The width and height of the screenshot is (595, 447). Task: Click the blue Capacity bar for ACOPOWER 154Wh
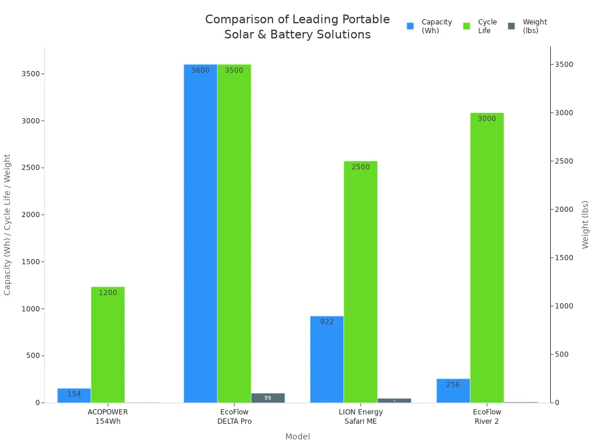(74, 395)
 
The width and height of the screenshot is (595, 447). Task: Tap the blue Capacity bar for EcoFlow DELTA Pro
(200, 233)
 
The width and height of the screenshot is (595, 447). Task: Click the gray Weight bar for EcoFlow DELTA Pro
(268, 398)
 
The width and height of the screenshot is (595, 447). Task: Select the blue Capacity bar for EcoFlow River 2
(453, 391)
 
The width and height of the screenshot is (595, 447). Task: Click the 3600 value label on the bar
(200, 70)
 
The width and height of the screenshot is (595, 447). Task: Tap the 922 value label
(327, 322)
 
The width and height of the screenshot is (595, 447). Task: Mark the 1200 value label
(107, 293)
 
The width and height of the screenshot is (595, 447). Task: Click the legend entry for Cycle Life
(480, 26)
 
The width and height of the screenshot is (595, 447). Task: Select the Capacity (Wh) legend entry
(429, 26)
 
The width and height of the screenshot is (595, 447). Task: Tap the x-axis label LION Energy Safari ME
(361, 417)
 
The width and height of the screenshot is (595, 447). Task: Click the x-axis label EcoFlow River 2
(487, 417)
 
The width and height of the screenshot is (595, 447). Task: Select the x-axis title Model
(297, 437)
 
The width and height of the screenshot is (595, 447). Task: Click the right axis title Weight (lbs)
(586, 225)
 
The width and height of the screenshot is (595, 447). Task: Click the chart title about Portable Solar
(297, 27)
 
